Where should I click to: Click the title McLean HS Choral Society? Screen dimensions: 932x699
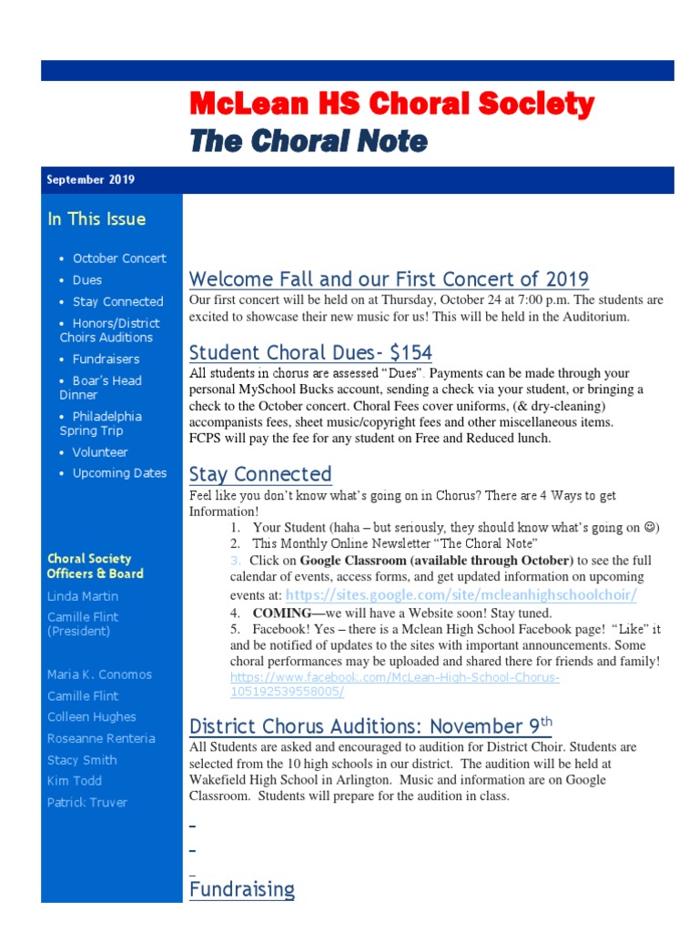391,105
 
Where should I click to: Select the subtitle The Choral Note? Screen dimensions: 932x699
308,141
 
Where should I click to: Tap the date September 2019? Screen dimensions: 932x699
90,180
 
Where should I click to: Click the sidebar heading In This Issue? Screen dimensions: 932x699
96,219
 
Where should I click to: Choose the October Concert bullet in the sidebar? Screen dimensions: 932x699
118,258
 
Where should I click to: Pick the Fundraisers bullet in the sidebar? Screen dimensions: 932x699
106,360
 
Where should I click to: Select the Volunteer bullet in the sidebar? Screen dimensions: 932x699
100,452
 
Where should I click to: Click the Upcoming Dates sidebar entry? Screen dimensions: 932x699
119,473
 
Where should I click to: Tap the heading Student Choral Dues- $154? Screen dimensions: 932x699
310,353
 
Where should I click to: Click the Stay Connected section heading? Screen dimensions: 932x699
260,474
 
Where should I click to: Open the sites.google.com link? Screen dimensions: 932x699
461,594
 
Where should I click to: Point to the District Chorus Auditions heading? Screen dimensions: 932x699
370,725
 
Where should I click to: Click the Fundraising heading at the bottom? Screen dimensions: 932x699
242,889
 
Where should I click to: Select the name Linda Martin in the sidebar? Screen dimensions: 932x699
83,596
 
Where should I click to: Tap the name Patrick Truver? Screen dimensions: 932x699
87,802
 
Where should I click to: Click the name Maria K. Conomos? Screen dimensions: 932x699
99,674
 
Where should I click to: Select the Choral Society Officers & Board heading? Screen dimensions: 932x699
95,566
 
